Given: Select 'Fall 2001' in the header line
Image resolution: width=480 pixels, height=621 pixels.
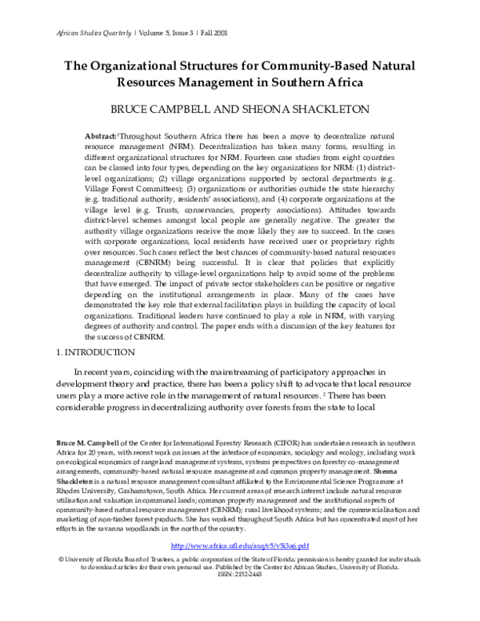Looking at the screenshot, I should pyautogui.click(x=221, y=34).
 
